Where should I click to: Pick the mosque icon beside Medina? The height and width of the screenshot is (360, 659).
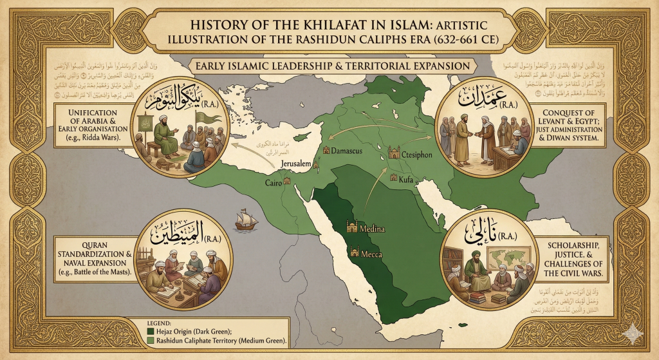click(x=352, y=226)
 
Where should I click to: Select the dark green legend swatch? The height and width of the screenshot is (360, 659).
click(x=152, y=332)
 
